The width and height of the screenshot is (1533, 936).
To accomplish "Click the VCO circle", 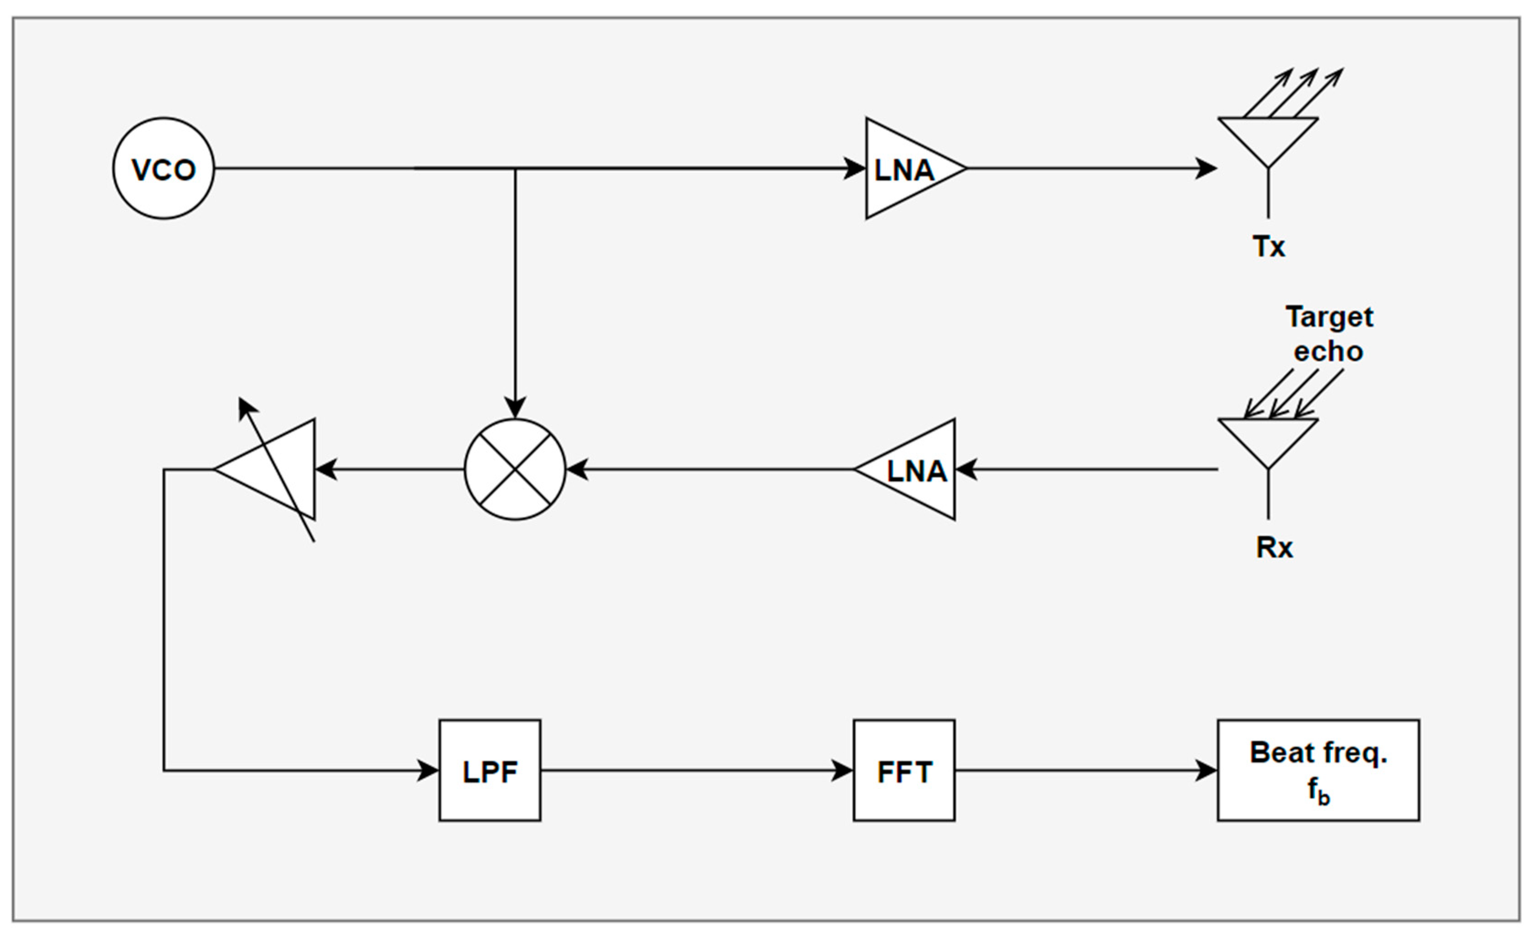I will coord(163,168).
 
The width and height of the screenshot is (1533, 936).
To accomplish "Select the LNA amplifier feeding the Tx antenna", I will coord(905,168).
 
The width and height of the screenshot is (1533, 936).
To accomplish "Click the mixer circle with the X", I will coord(515,470).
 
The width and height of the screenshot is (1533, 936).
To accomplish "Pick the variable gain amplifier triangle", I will coord(274,470).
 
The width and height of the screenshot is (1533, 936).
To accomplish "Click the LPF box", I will coord(490,770).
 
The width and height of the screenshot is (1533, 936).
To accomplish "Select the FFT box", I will coord(904,770).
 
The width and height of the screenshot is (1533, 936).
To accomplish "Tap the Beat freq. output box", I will coord(1318,770).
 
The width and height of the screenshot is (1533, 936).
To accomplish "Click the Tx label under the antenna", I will coord(1269,247).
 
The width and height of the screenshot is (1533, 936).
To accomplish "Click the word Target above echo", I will coord(1329,318).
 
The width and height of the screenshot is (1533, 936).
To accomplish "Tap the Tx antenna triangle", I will coord(1268,137).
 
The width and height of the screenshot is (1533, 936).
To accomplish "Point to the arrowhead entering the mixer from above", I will coord(515,408).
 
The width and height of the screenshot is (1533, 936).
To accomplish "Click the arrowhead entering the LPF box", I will coord(428,770).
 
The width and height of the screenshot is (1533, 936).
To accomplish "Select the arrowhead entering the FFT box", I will coord(843,770).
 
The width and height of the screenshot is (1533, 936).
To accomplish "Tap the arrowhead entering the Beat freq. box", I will coord(1206,770).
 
